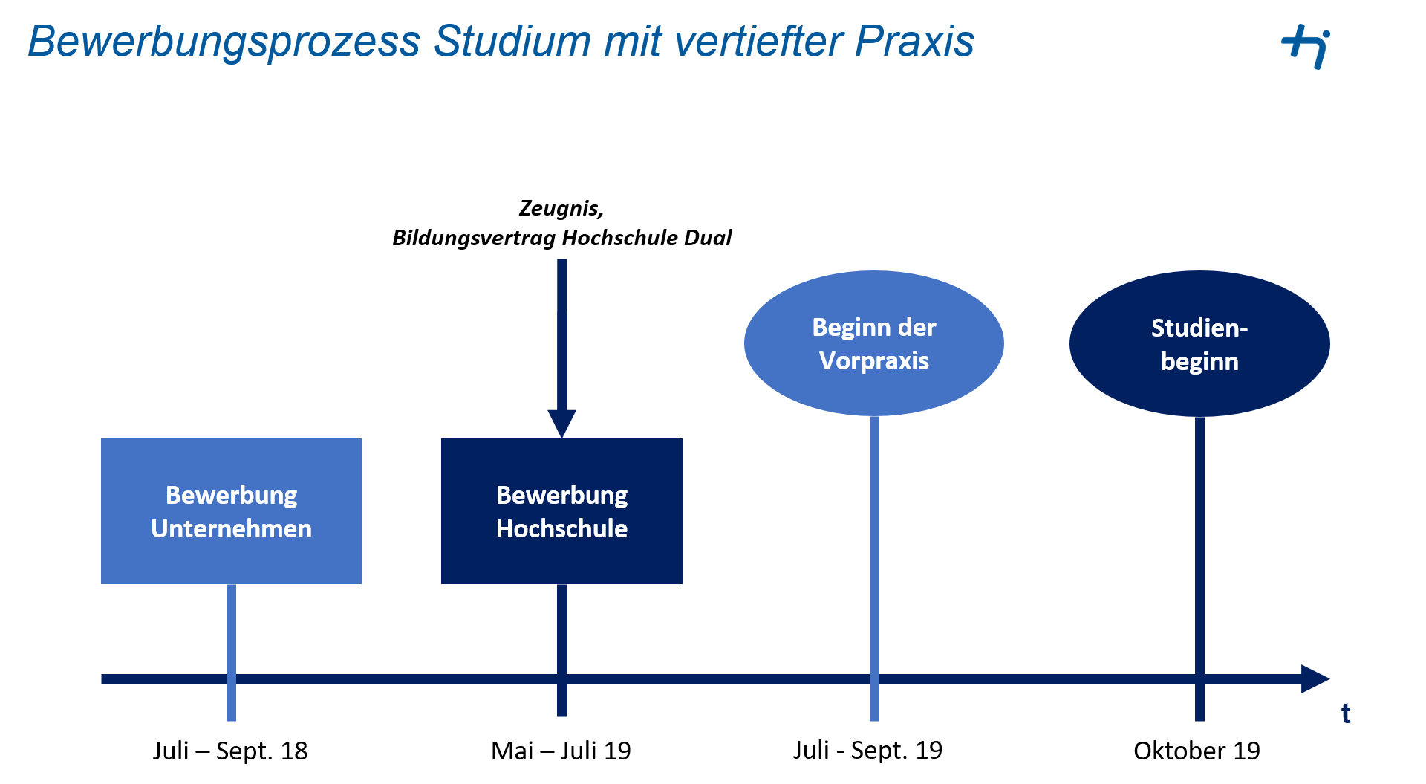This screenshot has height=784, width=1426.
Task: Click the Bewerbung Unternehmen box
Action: [x=231, y=511]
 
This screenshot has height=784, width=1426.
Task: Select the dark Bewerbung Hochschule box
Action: [x=561, y=511]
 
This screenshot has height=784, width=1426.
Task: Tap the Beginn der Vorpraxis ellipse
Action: [x=874, y=343]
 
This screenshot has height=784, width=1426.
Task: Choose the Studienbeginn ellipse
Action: [x=1199, y=343]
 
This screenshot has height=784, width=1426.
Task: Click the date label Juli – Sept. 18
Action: [x=230, y=751]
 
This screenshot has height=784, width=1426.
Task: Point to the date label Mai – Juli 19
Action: [x=561, y=751]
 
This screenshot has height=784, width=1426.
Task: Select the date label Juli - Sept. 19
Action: [x=867, y=751]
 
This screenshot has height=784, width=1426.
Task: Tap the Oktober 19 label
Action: [x=1197, y=751]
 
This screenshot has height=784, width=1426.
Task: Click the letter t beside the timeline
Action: [x=1346, y=713]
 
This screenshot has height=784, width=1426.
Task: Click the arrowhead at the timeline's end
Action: [x=1315, y=678]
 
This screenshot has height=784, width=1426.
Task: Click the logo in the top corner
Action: [x=1306, y=46]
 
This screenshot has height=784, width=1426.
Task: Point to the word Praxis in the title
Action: [x=914, y=41]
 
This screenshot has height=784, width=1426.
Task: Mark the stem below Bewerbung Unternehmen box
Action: [x=231, y=652]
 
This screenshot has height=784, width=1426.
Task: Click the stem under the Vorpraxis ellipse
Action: [x=874, y=568]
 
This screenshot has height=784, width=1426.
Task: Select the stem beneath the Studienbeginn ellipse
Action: [x=1199, y=568]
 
